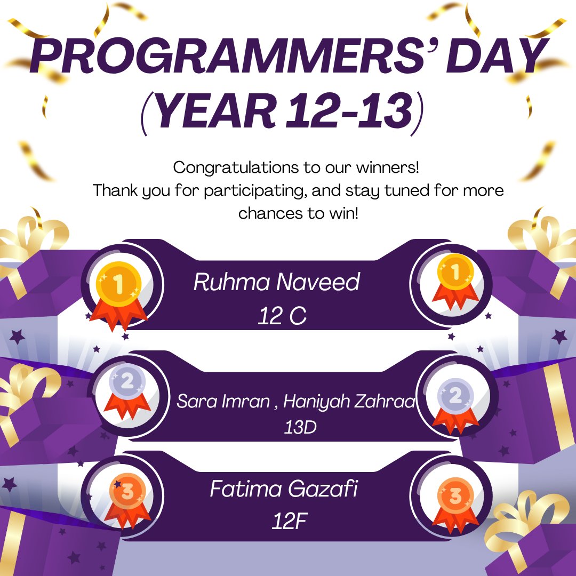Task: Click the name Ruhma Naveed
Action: pyautogui.click(x=276, y=282)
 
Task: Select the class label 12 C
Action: pyautogui.click(x=282, y=316)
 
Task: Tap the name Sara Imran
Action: pyautogui.click(x=223, y=402)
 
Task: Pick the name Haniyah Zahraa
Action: pyautogui.click(x=349, y=402)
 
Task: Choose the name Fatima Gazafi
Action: pyautogui.click(x=283, y=490)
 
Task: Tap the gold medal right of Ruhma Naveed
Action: pyautogui.click(x=455, y=281)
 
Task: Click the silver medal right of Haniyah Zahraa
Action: pyautogui.click(x=454, y=403)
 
